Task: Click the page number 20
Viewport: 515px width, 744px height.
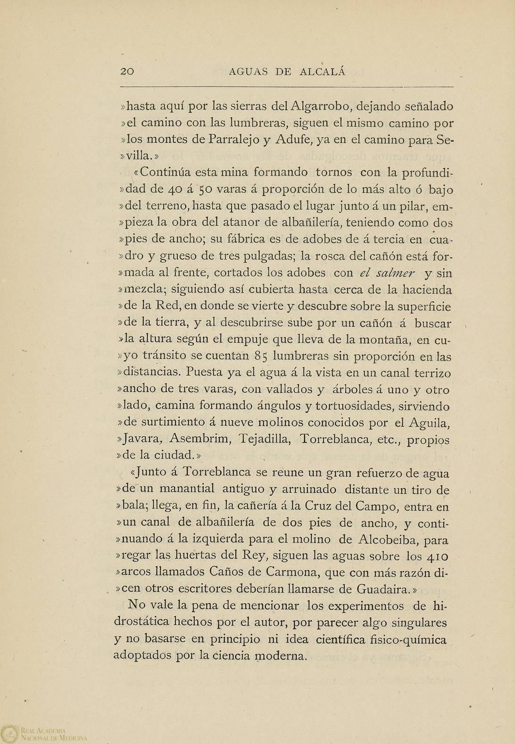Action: [x=127, y=72]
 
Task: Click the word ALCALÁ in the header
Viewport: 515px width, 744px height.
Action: [x=323, y=72]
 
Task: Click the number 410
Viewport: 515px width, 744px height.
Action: [x=432, y=556]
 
